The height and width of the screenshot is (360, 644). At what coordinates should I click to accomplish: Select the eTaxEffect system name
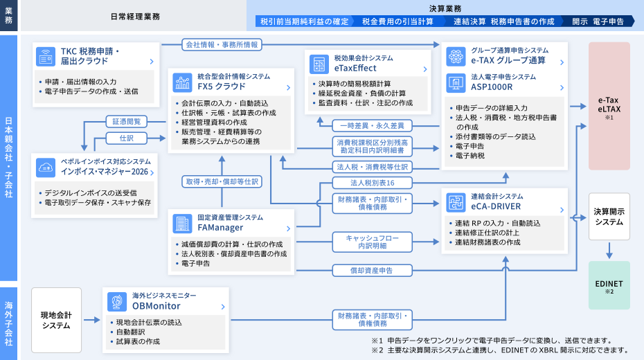pyautogui.click(x=355, y=68)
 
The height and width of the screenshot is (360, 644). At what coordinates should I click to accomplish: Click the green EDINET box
pyautogui.click(x=609, y=285)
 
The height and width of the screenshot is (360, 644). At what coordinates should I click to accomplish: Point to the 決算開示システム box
pyautogui.click(x=609, y=217)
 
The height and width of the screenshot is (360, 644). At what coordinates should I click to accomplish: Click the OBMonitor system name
pyautogui.click(x=156, y=305)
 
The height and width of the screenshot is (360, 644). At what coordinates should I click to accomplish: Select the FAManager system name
pyautogui.click(x=220, y=227)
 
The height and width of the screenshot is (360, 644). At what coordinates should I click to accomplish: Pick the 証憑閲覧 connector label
pyautogui.click(x=127, y=121)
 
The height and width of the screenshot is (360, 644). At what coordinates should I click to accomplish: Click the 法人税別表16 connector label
pyautogui.click(x=373, y=183)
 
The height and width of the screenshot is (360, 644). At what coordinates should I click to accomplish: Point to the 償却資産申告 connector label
pyautogui.click(x=373, y=270)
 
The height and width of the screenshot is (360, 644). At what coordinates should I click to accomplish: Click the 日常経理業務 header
pyautogui.click(x=135, y=16)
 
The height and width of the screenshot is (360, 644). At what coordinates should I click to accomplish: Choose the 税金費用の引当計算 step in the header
pyautogui.click(x=398, y=21)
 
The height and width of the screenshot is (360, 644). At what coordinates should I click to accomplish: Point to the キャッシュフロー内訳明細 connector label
pyautogui.click(x=373, y=241)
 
